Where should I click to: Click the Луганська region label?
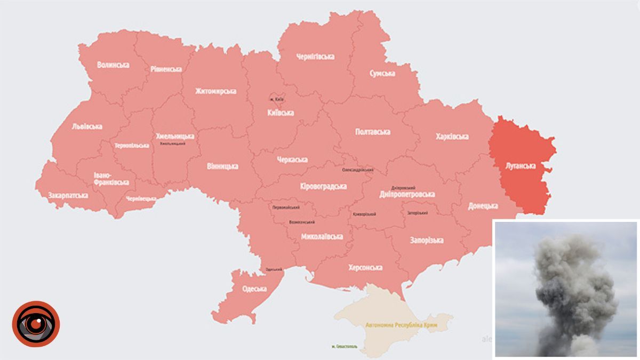[x=521, y=166]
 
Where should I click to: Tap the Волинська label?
[x=113, y=65]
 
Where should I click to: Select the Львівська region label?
[x=87, y=126]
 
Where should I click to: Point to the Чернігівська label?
[x=315, y=57]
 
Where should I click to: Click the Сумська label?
[x=382, y=73]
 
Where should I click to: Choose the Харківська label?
[x=452, y=137]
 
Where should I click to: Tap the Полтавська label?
[x=372, y=132]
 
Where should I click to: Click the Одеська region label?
[x=254, y=289]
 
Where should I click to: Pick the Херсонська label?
[x=365, y=267]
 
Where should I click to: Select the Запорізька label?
[x=426, y=240]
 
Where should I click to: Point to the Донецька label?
[x=483, y=205]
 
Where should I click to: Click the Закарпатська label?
[x=68, y=195]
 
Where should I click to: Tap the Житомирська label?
[x=215, y=91]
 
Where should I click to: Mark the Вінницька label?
[x=222, y=166]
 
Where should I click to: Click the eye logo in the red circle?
[x=36, y=324]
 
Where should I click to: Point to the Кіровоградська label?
[x=323, y=186]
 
